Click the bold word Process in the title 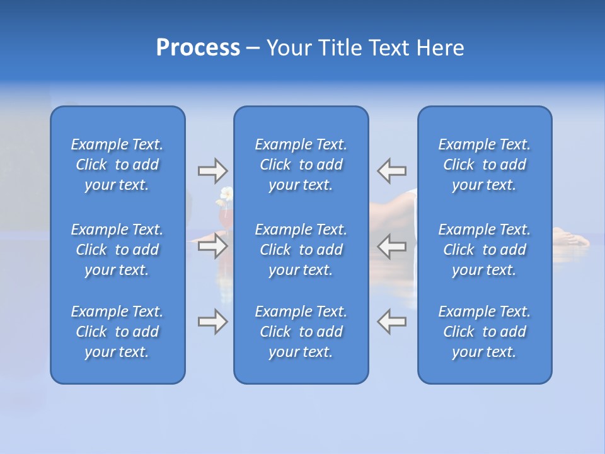(198, 48)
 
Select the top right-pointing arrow (212, 170)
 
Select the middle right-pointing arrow (212, 246)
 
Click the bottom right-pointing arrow (212, 322)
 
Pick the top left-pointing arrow (392, 170)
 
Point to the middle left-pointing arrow (392, 246)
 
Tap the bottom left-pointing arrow (392, 322)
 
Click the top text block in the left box (117, 165)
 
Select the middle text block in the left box (117, 250)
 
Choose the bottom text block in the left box (117, 332)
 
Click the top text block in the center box (301, 165)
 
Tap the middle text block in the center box (301, 250)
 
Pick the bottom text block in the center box (301, 332)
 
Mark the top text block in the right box (485, 165)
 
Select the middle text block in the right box (485, 250)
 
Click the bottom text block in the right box (485, 332)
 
